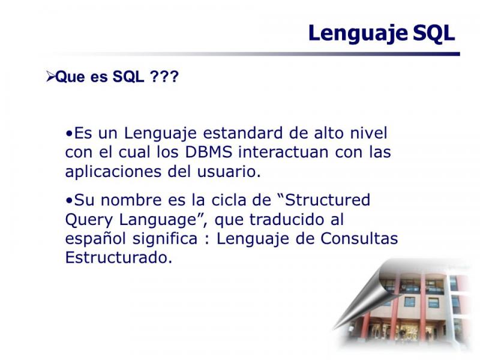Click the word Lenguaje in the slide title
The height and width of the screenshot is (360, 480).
(358, 34)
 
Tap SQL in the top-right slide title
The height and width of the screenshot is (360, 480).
(434, 33)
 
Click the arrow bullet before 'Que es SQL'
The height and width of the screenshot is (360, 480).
(50, 76)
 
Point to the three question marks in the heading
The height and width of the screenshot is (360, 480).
(164, 76)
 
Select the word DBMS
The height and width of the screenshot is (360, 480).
(208, 152)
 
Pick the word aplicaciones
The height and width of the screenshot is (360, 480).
(113, 172)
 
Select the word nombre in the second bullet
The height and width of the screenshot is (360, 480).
(131, 200)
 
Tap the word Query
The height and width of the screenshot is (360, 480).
(89, 220)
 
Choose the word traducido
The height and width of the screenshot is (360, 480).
(287, 220)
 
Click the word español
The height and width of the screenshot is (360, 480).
(95, 239)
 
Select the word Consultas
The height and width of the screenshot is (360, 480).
(359, 238)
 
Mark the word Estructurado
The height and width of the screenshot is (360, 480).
(119, 258)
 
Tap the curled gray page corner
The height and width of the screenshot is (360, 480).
(367, 300)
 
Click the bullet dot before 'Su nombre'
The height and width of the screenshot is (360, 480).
(69, 200)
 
